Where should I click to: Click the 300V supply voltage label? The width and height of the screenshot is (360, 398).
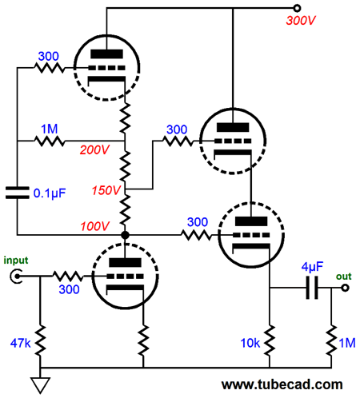tap(301, 21)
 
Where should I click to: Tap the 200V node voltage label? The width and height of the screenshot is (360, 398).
tap(94, 150)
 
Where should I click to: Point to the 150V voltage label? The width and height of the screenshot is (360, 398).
tap(106, 190)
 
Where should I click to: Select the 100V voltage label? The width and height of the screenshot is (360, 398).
tap(94, 226)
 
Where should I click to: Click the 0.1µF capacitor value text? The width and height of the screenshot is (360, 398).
tap(50, 193)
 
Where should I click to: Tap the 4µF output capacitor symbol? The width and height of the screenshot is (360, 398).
tap(312, 288)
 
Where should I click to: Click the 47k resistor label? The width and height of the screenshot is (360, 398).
tap(20, 343)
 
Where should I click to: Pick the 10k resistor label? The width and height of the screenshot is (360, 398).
tap(250, 343)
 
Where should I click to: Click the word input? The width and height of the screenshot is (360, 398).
tap(16, 261)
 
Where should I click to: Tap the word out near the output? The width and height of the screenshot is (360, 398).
tap(344, 277)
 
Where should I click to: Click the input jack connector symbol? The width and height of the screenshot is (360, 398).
tap(16, 277)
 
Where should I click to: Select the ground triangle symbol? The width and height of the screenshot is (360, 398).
tap(40, 385)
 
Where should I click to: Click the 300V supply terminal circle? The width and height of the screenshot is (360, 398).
tap(297, 8)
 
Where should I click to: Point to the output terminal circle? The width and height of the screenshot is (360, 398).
tap(345, 288)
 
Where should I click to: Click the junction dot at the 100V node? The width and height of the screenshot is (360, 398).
tap(125, 235)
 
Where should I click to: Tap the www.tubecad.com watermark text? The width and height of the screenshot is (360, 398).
tap(282, 384)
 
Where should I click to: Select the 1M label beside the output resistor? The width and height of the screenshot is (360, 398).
tap(347, 343)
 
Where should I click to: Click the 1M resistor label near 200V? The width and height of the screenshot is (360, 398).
tap(50, 129)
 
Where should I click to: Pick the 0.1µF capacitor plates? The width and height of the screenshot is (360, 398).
tap(18, 193)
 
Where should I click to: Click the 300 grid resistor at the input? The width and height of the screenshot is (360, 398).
tap(69, 277)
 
